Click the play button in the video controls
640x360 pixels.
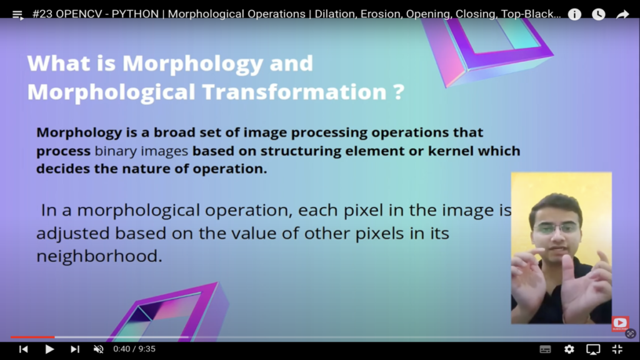(x=49, y=349)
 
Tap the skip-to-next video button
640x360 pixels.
(x=75, y=349)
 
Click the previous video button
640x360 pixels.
(x=23, y=349)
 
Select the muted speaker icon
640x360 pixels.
(x=98, y=349)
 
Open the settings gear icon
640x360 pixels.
(x=569, y=349)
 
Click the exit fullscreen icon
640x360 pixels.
(x=617, y=349)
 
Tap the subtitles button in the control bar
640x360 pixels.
(x=545, y=349)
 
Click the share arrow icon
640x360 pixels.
(x=622, y=15)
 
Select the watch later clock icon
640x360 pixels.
(x=598, y=15)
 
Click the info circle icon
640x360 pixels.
(x=574, y=15)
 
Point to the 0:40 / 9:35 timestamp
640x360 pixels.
(x=134, y=349)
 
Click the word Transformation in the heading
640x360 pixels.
(x=294, y=92)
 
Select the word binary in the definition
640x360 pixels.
(x=116, y=151)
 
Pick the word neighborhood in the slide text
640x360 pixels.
(x=99, y=256)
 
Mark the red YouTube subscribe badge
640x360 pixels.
(x=620, y=324)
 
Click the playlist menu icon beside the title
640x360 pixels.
(x=17, y=16)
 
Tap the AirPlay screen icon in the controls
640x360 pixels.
(x=593, y=349)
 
